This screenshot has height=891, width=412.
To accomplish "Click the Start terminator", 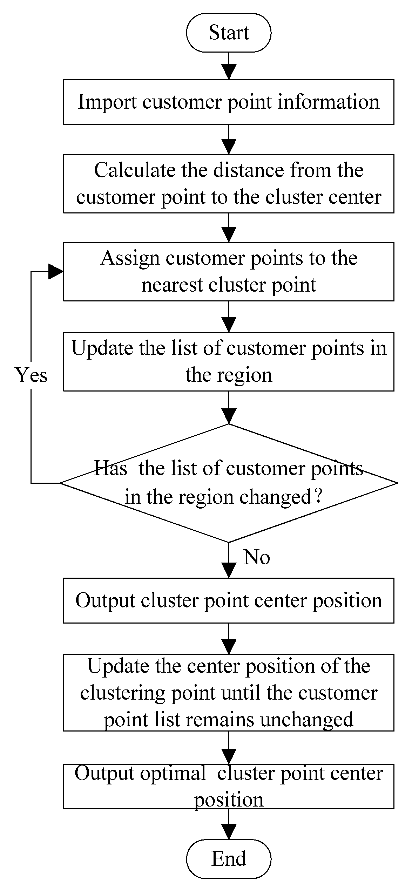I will [229, 33].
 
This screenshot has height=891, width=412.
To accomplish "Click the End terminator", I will [229, 858].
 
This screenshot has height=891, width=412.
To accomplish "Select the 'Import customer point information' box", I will [229, 102].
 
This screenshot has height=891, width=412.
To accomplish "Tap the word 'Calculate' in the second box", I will [135, 170].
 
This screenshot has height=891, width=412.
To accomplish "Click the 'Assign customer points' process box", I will [229, 271].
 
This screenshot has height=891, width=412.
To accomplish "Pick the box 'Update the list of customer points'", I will [229, 361].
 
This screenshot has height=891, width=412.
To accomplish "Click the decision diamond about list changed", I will [229, 483].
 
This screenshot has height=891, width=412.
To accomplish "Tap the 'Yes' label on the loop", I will [31, 375].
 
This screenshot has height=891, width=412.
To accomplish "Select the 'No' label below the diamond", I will [257, 557].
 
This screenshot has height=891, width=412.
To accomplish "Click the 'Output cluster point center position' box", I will [229, 600].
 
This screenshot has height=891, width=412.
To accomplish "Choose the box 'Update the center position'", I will [229, 693].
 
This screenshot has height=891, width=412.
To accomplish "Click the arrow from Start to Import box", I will [229, 67].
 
